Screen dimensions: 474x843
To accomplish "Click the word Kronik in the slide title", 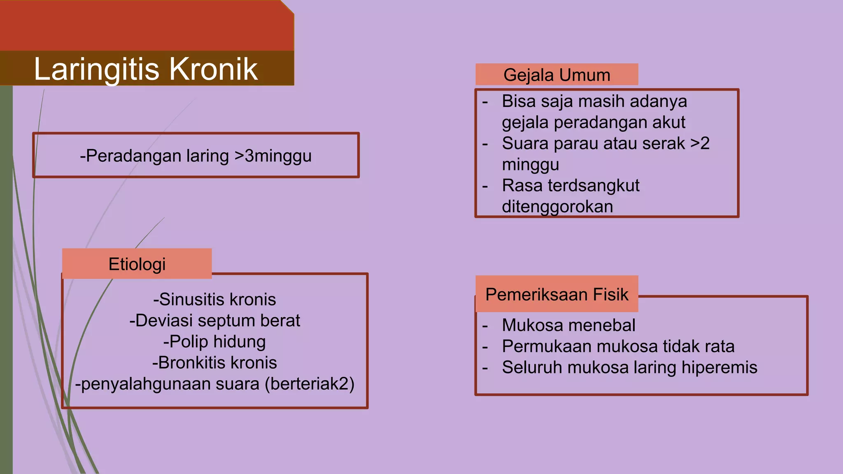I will (213, 69).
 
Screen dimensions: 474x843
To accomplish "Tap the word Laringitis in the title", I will (97, 69).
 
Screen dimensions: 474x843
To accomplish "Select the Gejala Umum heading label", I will (557, 75).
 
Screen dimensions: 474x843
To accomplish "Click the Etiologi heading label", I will (137, 264).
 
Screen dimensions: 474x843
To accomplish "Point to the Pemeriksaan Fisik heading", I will (557, 295).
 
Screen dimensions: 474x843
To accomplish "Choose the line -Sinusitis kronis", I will (214, 300).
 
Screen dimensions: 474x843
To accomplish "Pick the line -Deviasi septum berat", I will (214, 321).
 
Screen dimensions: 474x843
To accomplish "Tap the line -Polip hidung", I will (214, 342).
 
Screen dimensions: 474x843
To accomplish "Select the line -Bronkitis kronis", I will (214, 363).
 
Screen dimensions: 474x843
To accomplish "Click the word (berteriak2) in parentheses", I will (310, 384).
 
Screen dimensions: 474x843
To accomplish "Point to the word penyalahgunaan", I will (170, 384).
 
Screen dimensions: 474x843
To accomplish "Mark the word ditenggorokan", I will (557, 207).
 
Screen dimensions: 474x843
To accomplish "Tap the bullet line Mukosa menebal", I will (568, 325).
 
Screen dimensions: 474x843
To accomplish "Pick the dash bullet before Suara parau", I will (485, 144).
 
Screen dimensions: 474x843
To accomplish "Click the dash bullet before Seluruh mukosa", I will (485, 368).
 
